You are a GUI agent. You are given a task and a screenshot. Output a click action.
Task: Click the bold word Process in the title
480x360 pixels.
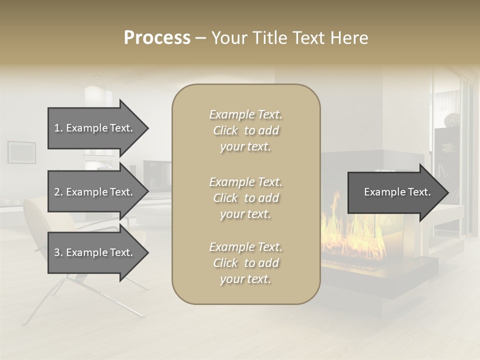pos(157,38)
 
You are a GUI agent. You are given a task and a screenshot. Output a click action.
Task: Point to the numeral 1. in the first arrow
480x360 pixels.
pos(58,128)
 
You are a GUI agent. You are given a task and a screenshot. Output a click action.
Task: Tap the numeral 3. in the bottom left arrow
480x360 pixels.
pos(58,252)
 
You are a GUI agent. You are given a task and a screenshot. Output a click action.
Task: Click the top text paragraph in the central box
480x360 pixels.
pos(245,130)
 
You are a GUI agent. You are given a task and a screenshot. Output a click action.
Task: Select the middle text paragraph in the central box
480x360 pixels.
pos(245,198)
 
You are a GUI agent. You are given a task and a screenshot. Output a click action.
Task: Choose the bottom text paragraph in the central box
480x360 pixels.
pos(245,263)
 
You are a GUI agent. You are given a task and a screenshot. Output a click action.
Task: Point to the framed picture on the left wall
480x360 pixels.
pos(21,152)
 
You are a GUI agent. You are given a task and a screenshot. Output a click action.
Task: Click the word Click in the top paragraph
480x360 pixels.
pos(225,130)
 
